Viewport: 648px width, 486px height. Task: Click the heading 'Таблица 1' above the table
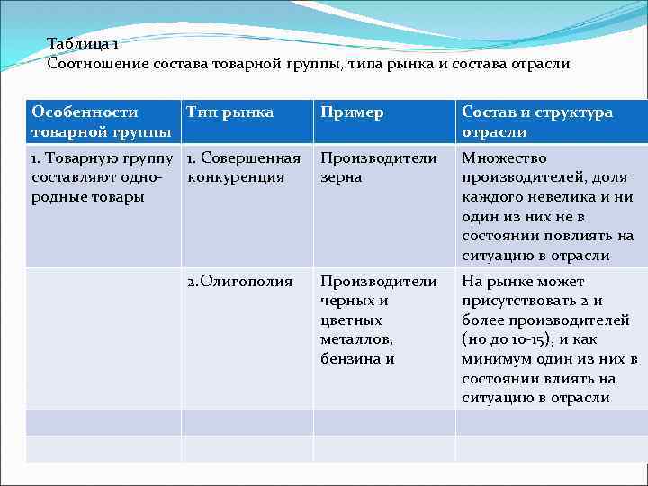[x=84, y=44]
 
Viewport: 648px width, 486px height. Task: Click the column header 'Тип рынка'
[x=229, y=112]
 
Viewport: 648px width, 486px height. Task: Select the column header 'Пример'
[x=352, y=112]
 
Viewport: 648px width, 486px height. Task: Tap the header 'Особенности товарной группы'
[x=101, y=122]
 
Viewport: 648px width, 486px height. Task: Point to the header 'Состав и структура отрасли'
[x=536, y=122]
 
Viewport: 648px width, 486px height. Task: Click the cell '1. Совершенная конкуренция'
[x=243, y=167]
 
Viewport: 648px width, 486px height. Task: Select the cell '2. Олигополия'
[x=239, y=282]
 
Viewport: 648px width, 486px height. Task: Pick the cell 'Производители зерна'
[x=379, y=167]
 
